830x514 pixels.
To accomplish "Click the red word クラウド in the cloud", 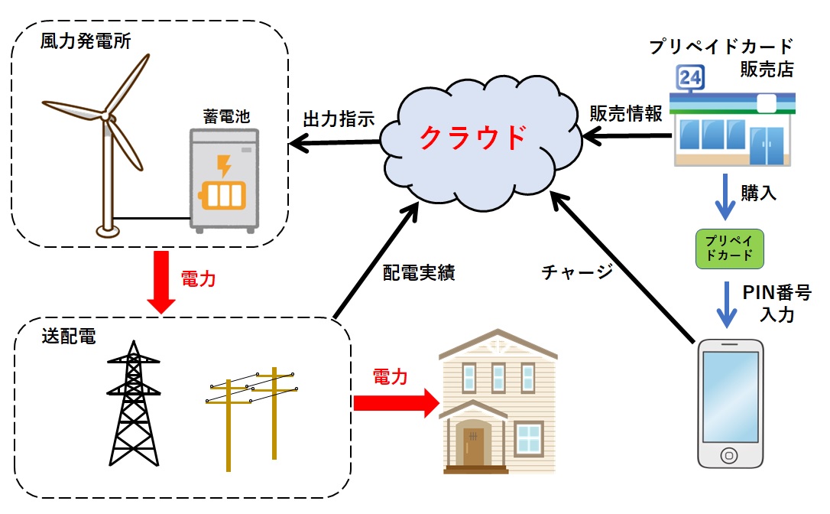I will point(474,138).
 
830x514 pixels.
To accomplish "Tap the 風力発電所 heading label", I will point(85,41).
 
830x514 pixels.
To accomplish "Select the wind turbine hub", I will point(105,117).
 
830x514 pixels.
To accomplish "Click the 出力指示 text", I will point(339,119).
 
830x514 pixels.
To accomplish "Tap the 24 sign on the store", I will point(689,77).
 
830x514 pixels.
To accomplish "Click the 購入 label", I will point(758,194).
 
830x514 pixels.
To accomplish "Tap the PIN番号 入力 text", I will point(771,303).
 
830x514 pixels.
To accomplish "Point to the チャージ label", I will point(576,272).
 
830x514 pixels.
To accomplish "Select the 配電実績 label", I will point(419,273).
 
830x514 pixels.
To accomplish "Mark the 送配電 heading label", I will point(69,337).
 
